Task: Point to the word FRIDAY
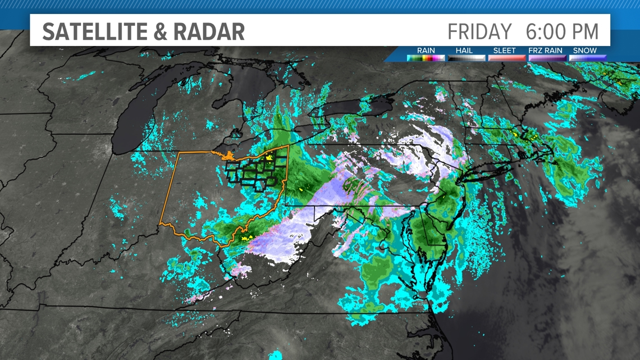click(x=480, y=31)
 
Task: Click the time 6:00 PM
click(x=563, y=31)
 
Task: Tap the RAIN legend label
click(x=426, y=51)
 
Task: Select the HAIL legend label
click(x=464, y=51)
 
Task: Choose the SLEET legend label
click(x=504, y=51)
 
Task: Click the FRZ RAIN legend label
click(x=545, y=51)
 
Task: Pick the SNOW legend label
click(x=585, y=51)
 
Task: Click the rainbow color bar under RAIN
click(x=426, y=57)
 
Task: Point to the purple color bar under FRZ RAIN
click(x=546, y=57)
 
